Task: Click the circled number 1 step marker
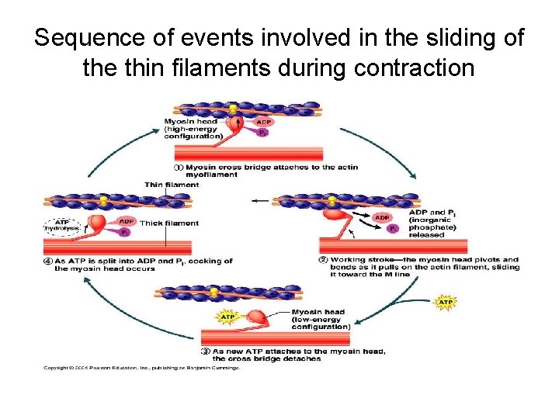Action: [178, 167]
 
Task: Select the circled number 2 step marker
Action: [323, 259]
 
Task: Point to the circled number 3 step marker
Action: [205, 351]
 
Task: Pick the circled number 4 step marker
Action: [47, 261]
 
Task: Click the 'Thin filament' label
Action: [171, 185]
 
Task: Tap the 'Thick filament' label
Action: [168, 223]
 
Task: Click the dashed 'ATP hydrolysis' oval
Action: [61, 224]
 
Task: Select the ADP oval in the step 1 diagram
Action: [264, 122]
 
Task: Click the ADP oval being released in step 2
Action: [382, 218]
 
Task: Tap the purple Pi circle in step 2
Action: [394, 229]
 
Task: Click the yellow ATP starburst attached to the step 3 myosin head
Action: [227, 317]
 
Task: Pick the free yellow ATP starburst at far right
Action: [446, 301]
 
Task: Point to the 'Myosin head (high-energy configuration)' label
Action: [193, 128]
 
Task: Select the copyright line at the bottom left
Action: [141, 367]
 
